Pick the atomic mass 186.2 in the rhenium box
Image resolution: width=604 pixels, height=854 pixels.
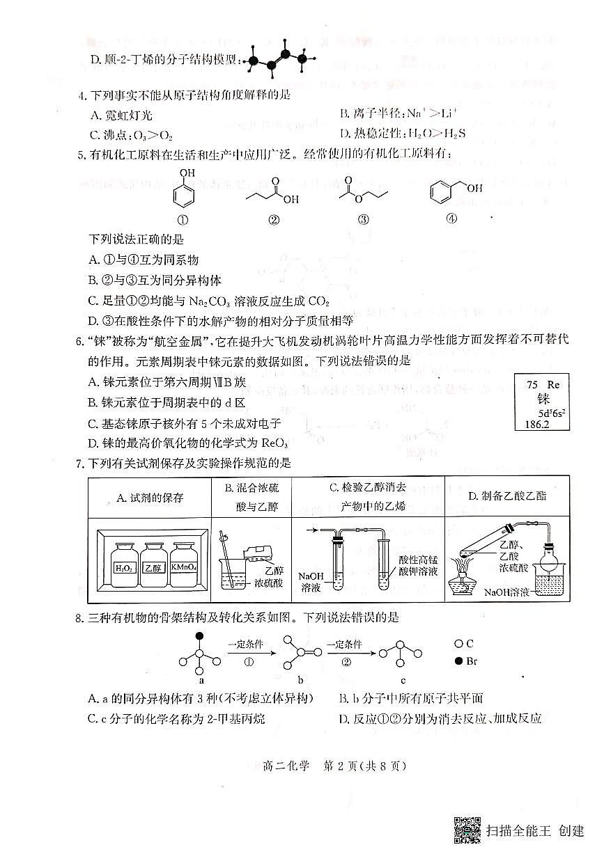click(532, 422)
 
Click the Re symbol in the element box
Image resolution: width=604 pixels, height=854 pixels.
click(553, 384)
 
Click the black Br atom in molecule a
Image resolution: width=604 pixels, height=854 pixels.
click(200, 636)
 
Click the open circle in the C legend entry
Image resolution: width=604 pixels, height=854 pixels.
click(458, 644)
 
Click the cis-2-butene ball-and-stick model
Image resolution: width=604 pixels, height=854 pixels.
click(277, 60)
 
